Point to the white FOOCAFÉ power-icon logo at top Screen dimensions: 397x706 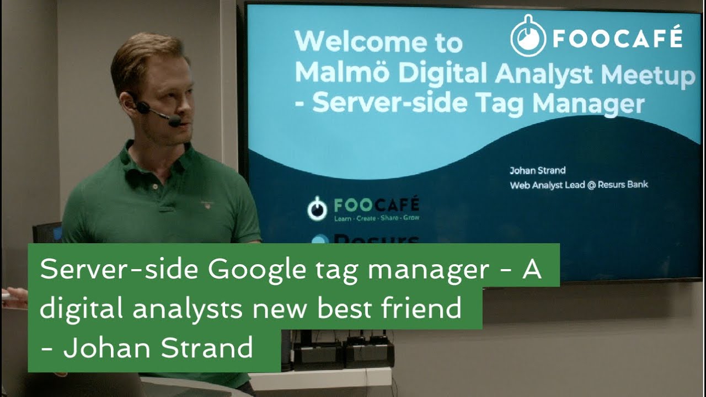click(528, 37)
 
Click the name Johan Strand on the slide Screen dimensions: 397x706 click(537, 170)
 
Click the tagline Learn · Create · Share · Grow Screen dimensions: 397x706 click(376, 218)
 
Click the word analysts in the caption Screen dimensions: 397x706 click(188, 309)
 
